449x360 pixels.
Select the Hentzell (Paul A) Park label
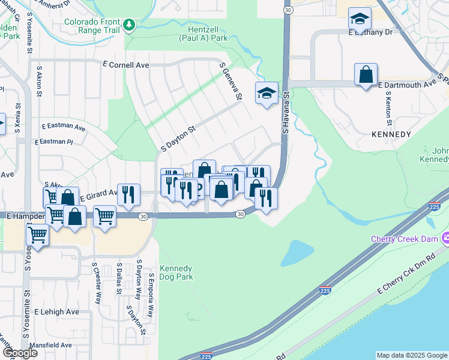point(203,32)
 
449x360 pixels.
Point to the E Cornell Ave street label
point(125,64)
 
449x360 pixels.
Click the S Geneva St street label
point(231,82)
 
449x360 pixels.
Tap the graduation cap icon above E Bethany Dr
point(360,19)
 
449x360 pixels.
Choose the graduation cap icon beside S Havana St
point(267,93)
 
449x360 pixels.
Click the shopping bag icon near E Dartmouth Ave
point(366,75)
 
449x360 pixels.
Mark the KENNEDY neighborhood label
point(391,134)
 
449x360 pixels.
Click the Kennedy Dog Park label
point(176,272)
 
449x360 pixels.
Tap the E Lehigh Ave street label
point(56,312)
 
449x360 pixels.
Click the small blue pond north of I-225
point(297,253)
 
